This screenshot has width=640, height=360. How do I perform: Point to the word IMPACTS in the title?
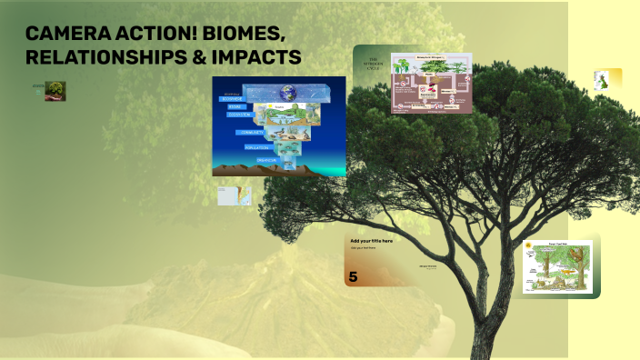[257, 57]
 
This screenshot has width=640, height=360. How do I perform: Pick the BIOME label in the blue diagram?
[235, 106]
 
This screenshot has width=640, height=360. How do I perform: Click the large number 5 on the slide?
[353, 276]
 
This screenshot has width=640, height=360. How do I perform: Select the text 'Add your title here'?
[372, 241]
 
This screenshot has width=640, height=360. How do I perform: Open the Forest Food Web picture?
[557, 266]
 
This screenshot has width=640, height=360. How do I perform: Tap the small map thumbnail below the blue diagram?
[235, 195]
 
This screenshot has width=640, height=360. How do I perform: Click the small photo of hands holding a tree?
[55, 91]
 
